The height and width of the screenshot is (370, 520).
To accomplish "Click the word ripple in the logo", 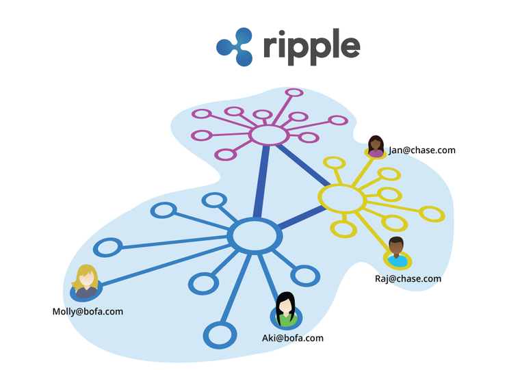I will (311, 46).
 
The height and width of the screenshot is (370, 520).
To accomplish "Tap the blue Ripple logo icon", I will (235, 46).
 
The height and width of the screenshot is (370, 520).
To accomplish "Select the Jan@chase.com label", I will (422, 150).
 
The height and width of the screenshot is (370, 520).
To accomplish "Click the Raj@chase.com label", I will (408, 278).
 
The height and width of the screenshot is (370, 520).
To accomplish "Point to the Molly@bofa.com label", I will (88, 311).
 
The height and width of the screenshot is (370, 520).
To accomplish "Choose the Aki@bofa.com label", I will (293, 338).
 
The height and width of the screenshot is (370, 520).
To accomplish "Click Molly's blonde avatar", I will (86, 282).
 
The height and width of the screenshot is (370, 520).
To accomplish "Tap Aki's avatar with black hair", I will (285, 310).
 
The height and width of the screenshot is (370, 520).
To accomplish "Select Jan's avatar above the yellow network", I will (376, 146).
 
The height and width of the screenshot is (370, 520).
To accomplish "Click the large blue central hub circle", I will (255, 236).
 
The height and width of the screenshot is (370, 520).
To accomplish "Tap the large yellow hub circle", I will (341, 198).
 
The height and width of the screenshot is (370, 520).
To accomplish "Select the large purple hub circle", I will (268, 135).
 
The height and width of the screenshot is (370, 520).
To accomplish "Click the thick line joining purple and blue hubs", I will (261, 183).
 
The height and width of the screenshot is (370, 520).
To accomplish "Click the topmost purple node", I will (294, 92).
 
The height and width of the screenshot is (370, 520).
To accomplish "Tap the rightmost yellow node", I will (432, 214).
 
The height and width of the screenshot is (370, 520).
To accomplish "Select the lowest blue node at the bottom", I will (219, 334).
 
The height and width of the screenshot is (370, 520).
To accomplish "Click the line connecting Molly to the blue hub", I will (164, 261).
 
